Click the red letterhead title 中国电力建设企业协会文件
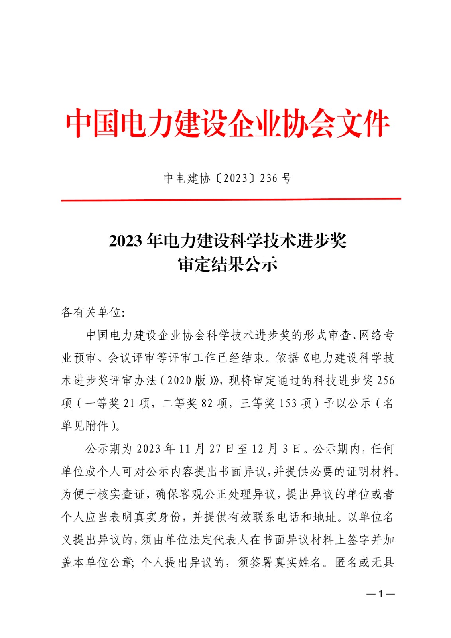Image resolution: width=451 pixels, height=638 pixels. (x=227, y=124)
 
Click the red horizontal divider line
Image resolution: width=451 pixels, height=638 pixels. (x=230, y=199)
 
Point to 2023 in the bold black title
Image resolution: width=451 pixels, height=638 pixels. (x=125, y=241)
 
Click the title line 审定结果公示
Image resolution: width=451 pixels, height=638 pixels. (x=227, y=264)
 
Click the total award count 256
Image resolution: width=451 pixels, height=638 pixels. (x=385, y=380)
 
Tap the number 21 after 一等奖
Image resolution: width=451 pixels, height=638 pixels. (x=129, y=403)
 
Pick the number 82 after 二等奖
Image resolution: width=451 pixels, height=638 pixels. (x=207, y=403)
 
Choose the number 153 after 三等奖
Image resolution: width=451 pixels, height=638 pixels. (x=288, y=403)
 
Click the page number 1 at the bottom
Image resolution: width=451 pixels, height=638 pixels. (x=380, y=594)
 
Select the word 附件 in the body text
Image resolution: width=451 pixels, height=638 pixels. (x=97, y=426)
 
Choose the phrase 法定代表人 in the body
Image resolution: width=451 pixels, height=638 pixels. (x=219, y=540)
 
